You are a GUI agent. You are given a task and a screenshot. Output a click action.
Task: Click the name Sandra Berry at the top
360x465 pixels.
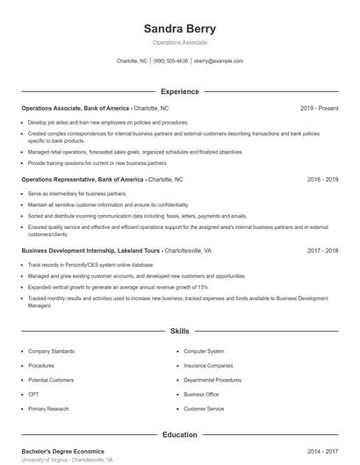tap(179, 28)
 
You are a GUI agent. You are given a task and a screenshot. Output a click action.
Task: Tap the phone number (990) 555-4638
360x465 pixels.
tap(170, 61)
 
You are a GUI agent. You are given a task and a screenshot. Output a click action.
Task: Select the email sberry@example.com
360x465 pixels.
tap(219, 61)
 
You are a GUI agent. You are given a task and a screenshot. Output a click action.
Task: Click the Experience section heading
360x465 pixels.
tap(179, 91)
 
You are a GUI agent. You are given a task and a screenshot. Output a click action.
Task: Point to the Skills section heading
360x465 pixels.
tap(179, 332)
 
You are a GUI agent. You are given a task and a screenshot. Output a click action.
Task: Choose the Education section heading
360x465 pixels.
tap(179, 434)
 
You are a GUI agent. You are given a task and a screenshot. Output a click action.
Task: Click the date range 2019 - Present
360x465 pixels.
tap(319, 108)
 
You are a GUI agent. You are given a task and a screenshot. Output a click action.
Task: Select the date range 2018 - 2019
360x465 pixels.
tap(322, 179)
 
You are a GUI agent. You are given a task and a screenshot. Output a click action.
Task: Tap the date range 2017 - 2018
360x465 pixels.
tap(322, 250)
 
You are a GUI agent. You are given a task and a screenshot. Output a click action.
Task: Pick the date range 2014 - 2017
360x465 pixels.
tap(322, 451)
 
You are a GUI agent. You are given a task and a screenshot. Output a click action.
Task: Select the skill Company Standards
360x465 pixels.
tap(50, 351)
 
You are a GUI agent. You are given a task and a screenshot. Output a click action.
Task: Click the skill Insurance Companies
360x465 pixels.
tap(208, 365)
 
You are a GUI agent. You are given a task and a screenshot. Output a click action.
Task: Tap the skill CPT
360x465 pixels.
tap(34, 394)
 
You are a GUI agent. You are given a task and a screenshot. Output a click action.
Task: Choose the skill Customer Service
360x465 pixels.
tap(204, 409)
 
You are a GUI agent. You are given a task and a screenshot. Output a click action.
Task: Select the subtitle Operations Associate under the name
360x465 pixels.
tap(179, 42)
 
